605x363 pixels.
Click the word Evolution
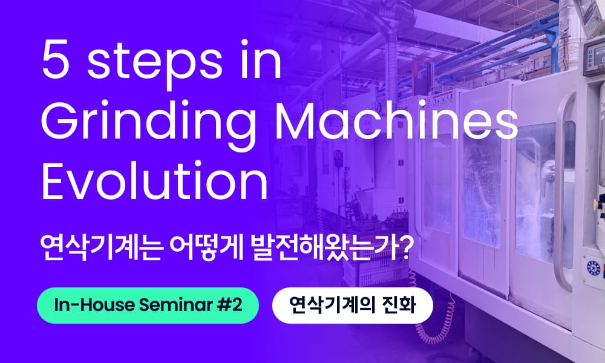coord(154,181)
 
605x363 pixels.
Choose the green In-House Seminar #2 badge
coord(148,305)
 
